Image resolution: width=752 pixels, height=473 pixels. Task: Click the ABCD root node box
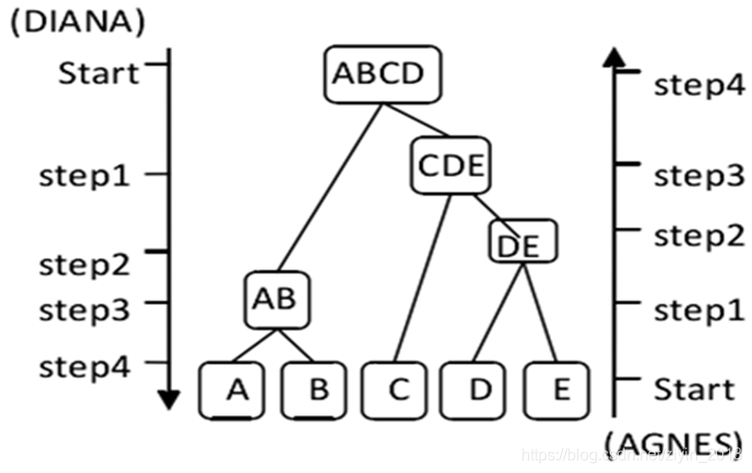click(382, 74)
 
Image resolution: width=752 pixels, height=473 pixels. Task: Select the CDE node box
click(450, 165)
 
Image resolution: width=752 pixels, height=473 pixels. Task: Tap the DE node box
click(522, 241)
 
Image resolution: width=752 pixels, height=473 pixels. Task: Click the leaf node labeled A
click(236, 389)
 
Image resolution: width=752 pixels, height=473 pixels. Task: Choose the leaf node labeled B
click(317, 389)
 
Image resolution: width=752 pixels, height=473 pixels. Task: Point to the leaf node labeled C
click(398, 389)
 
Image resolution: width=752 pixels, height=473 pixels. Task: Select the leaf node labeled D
click(479, 389)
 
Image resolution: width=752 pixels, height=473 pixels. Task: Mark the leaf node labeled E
click(560, 389)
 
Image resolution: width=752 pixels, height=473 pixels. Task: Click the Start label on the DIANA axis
click(98, 74)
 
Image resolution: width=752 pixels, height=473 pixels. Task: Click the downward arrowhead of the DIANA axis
click(169, 399)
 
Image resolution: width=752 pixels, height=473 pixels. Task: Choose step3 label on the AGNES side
click(698, 176)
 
